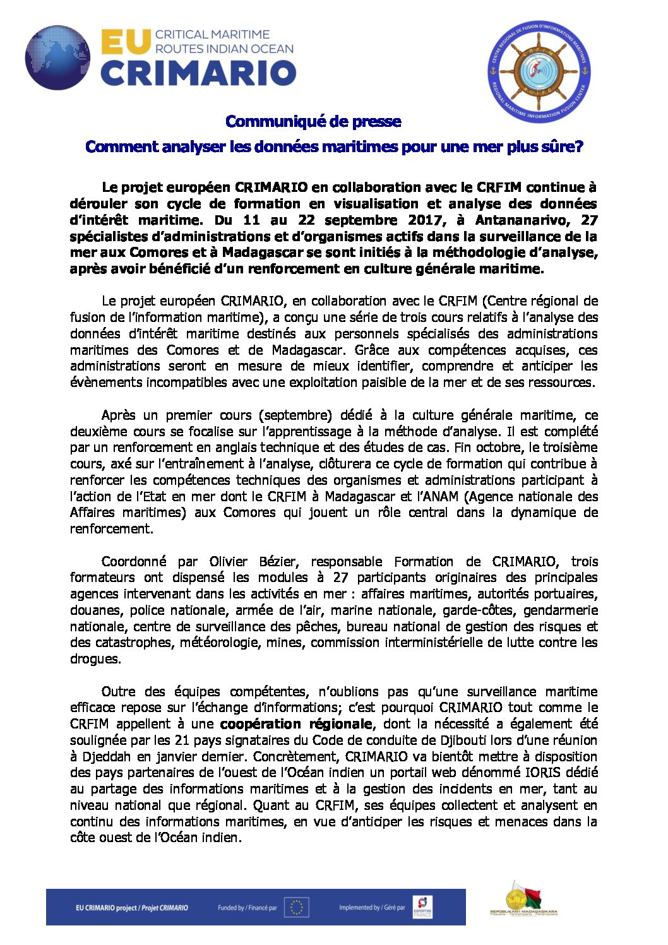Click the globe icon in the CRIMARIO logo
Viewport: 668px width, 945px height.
(x=57, y=57)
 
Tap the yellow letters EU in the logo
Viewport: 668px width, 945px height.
(x=126, y=42)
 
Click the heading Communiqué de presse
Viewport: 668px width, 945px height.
(x=313, y=121)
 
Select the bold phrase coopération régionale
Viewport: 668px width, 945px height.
(x=297, y=724)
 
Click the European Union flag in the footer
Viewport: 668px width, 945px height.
(x=296, y=908)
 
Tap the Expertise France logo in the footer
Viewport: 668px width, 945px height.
(x=422, y=907)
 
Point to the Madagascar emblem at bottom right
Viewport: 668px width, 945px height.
(x=523, y=900)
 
